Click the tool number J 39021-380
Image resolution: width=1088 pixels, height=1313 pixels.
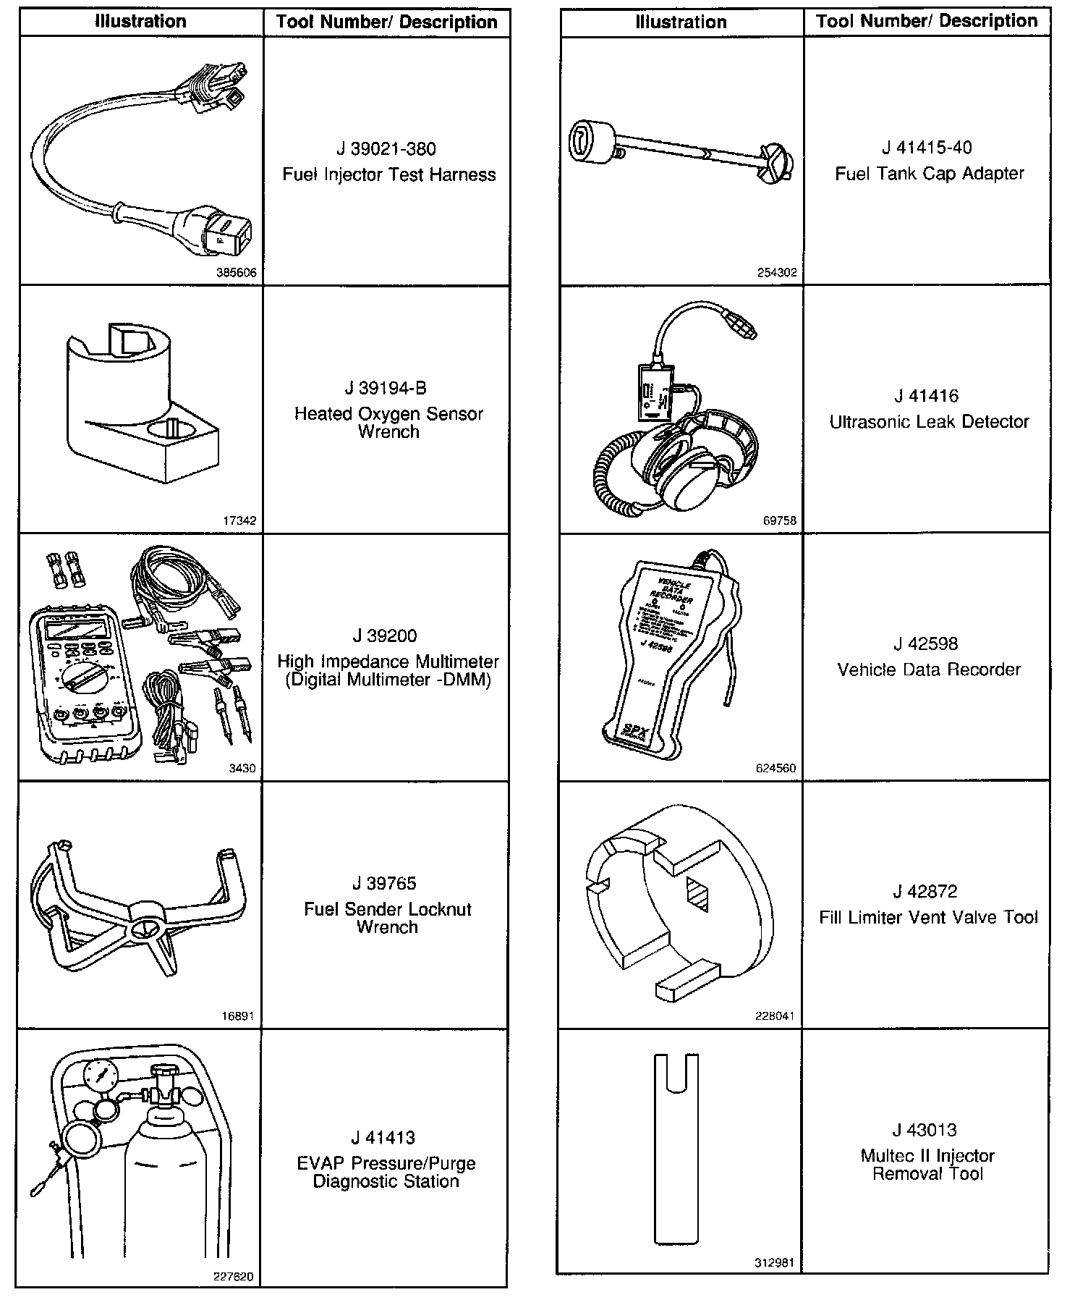(x=386, y=149)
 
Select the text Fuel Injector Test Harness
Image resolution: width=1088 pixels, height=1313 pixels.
(x=388, y=174)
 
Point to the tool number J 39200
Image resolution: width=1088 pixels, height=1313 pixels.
(x=385, y=636)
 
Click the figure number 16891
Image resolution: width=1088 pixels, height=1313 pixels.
(x=239, y=1016)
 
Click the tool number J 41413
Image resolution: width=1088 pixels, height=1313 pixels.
(x=386, y=1138)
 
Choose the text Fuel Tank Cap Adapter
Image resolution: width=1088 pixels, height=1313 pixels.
(x=930, y=174)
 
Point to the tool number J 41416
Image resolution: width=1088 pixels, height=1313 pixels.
(x=927, y=396)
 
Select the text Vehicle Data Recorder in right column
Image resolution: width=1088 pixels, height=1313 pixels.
(x=929, y=670)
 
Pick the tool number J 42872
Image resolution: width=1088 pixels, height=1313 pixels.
(x=927, y=892)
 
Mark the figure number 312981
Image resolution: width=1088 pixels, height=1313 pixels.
(x=775, y=1263)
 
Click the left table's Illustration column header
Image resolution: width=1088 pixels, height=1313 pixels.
(x=141, y=22)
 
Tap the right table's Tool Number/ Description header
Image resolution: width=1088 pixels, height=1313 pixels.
(x=927, y=22)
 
